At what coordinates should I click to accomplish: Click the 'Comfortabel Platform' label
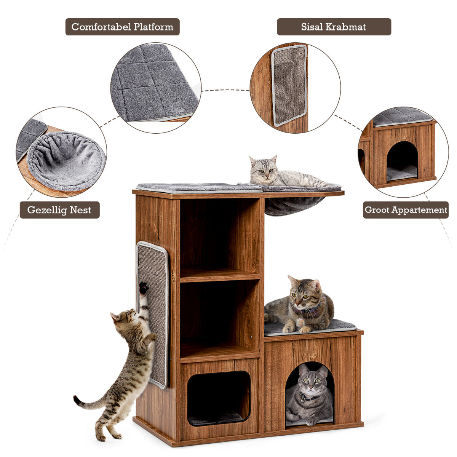[122, 27]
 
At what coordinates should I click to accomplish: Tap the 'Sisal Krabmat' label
[334, 27]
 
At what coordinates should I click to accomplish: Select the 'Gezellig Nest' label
[59, 210]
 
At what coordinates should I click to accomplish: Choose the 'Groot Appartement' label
[406, 210]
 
